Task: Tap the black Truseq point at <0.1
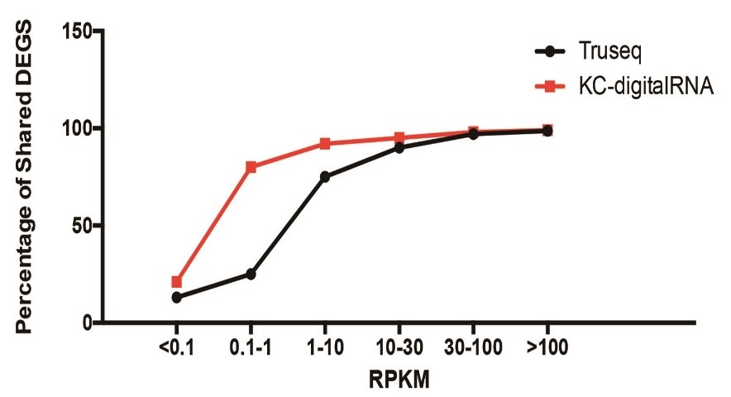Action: (x=176, y=297)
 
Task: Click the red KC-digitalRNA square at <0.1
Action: (x=176, y=282)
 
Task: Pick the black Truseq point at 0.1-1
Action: (x=251, y=274)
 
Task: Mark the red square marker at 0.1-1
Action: (x=251, y=167)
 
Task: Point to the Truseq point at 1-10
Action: (x=325, y=177)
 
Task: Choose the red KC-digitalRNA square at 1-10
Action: (x=325, y=144)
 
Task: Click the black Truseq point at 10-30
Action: (x=399, y=148)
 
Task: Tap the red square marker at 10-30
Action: (x=399, y=138)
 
